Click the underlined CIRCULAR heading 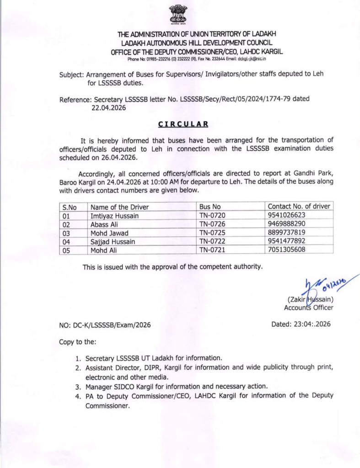point(183,124)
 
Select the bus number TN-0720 point(213,215)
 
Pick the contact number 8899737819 point(287,233)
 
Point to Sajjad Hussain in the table point(113,241)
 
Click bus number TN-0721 point(213,249)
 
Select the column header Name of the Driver point(120,207)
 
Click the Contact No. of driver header point(299,206)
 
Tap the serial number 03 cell point(67,233)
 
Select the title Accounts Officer point(308,308)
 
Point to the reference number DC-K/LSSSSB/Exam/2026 point(105,325)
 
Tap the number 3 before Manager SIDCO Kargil point(78,386)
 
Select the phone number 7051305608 point(287,249)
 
